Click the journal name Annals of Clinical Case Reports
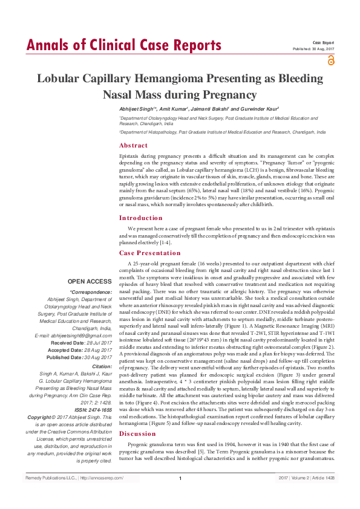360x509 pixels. [x=123, y=45]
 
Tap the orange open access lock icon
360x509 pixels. [x=330, y=60]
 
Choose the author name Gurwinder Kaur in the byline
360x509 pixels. [x=258, y=108]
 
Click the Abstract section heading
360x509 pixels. [x=133, y=146]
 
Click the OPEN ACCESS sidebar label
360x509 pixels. [x=90, y=282]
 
